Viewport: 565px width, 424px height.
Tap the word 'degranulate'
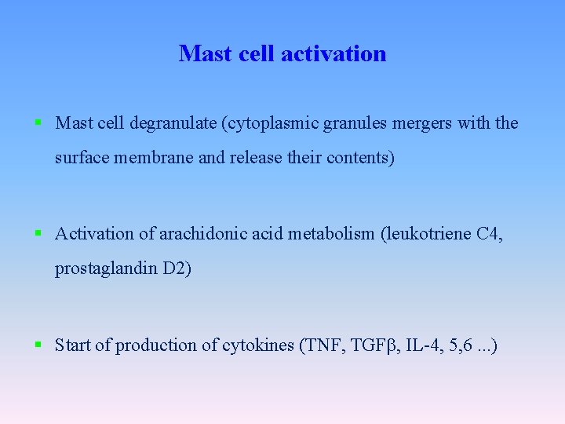170,123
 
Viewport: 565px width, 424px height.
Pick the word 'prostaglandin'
106,269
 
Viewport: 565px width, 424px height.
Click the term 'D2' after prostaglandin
176,269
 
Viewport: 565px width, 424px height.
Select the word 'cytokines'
258,345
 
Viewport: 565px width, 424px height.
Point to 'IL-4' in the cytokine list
417,345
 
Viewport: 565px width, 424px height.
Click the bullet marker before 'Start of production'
38,345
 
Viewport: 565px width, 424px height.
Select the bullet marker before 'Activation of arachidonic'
38,233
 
